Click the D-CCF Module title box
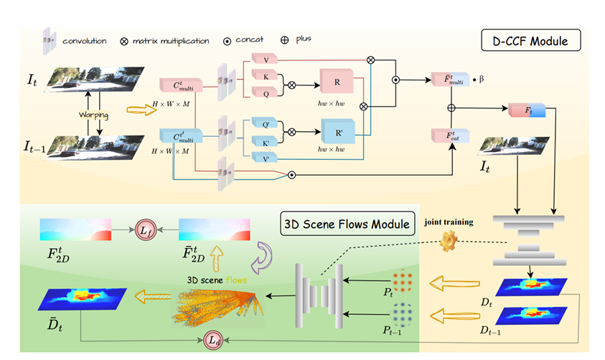(524, 41)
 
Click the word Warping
(94, 113)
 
